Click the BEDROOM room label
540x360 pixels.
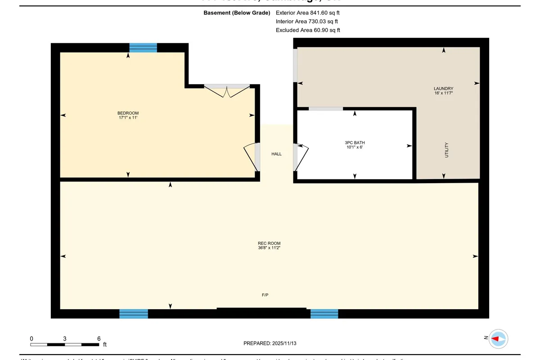[128, 113]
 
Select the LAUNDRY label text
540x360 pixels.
[443, 89]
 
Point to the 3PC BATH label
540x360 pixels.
[355, 143]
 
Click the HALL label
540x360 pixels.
[276, 154]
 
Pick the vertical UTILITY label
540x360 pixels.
[446, 149]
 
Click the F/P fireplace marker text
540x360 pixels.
[265, 295]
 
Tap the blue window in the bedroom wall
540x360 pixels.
[143, 48]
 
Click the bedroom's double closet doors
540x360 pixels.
[227, 90]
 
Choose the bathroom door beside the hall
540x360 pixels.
[301, 157]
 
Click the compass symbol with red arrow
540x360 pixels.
[498, 338]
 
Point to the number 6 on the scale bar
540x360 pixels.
[99, 338]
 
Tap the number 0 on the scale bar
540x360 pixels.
[31, 338]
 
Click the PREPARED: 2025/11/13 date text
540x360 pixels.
[270, 343]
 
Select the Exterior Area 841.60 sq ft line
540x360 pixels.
[308, 13]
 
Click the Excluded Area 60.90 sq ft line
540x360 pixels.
[308, 30]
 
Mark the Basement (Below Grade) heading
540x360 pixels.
[237, 13]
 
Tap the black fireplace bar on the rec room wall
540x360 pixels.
[261, 309]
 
